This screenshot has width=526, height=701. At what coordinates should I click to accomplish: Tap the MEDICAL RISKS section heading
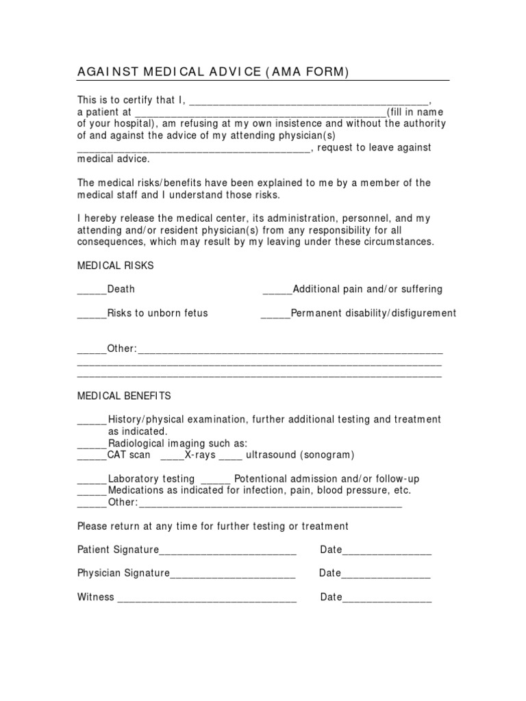[x=116, y=265]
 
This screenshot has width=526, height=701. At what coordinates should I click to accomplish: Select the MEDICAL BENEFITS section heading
[x=124, y=396]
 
